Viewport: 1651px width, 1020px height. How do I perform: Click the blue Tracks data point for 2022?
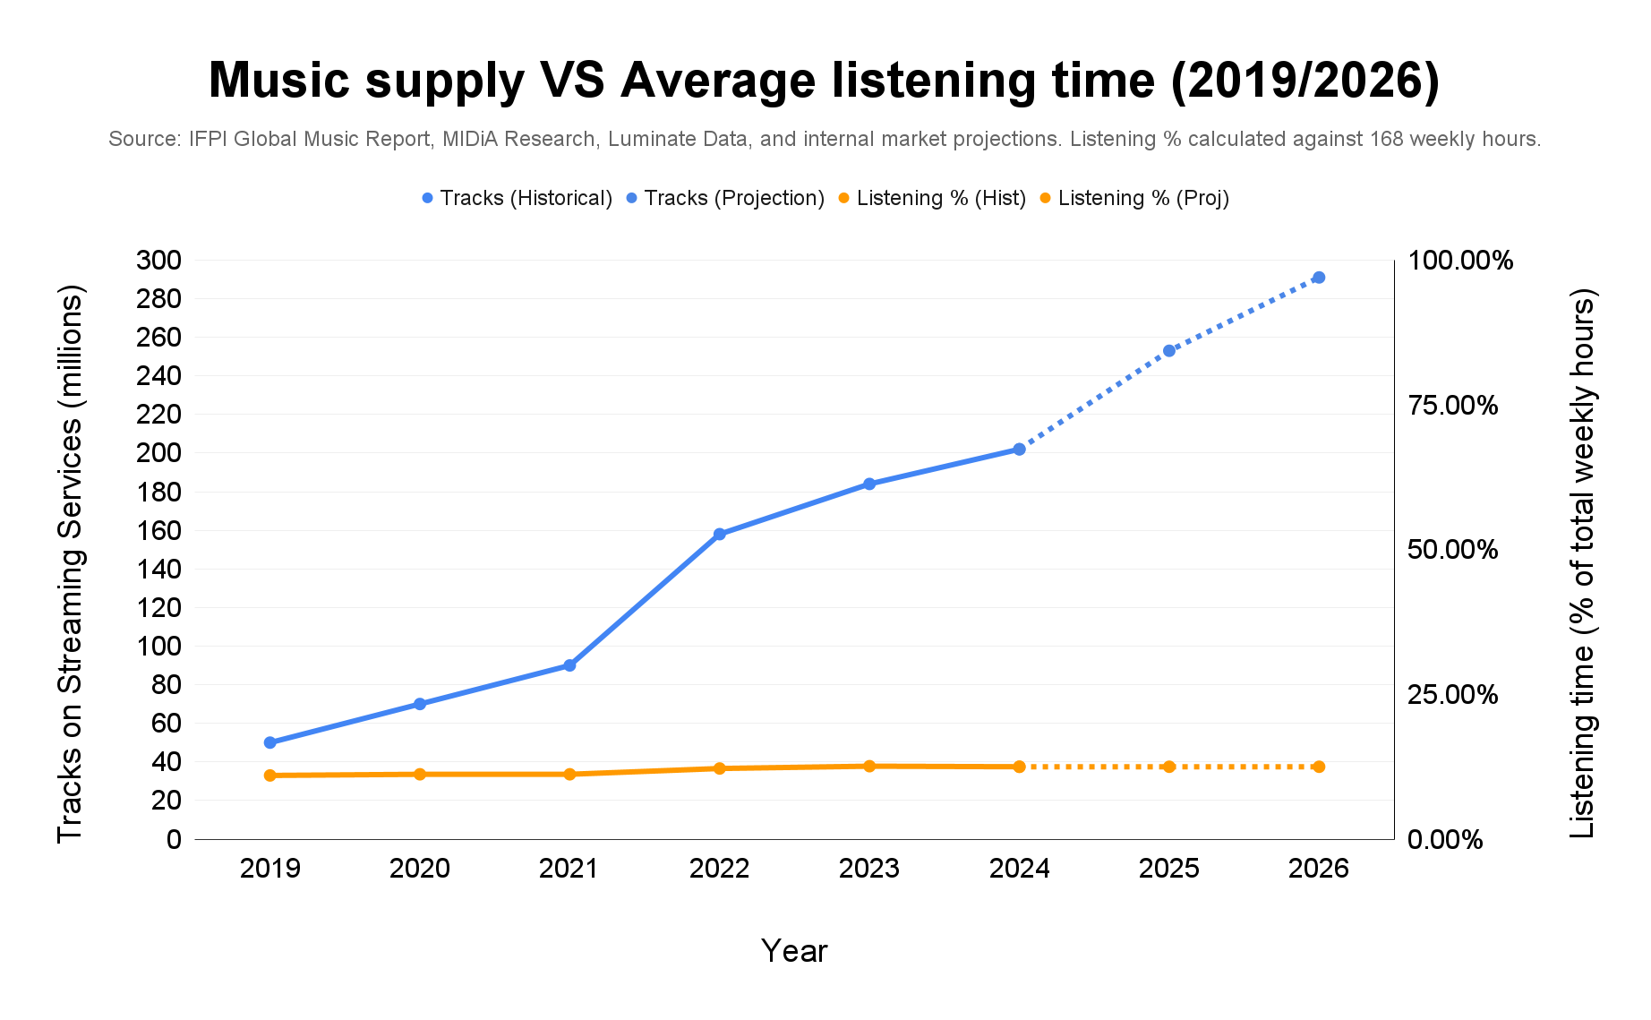(x=719, y=534)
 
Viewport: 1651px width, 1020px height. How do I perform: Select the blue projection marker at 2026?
(x=1318, y=278)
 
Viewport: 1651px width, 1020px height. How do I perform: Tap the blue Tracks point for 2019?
(x=270, y=742)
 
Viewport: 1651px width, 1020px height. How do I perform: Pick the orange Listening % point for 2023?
(x=869, y=766)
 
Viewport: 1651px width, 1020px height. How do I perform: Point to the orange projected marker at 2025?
(x=1168, y=767)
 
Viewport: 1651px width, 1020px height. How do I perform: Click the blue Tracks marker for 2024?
(x=1019, y=449)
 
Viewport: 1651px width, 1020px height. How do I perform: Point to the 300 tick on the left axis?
(x=158, y=261)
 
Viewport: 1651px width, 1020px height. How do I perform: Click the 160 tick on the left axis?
(x=158, y=530)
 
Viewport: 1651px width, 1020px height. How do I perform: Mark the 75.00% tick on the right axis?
(x=1452, y=406)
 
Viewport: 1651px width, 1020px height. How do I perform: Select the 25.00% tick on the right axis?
(x=1452, y=695)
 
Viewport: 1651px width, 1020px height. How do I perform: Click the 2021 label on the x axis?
(x=569, y=869)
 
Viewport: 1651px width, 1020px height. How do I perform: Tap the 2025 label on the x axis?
(x=1168, y=869)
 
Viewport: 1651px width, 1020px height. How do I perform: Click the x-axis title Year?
(x=793, y=951)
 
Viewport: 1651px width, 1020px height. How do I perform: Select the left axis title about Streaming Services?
(x=70, y=564)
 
